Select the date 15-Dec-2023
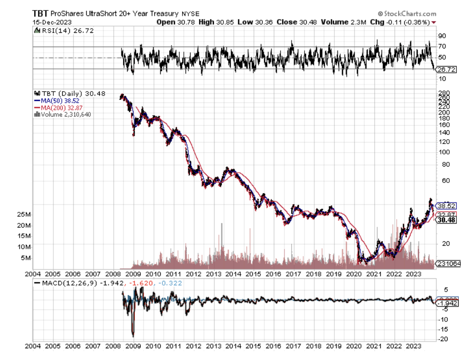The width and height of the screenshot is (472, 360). (x=47, y=21)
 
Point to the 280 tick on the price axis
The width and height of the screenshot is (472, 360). (x=443, y=93)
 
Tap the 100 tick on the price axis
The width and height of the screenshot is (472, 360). (x=443, y=152)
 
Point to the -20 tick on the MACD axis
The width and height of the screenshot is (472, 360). (x=444, y=339)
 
